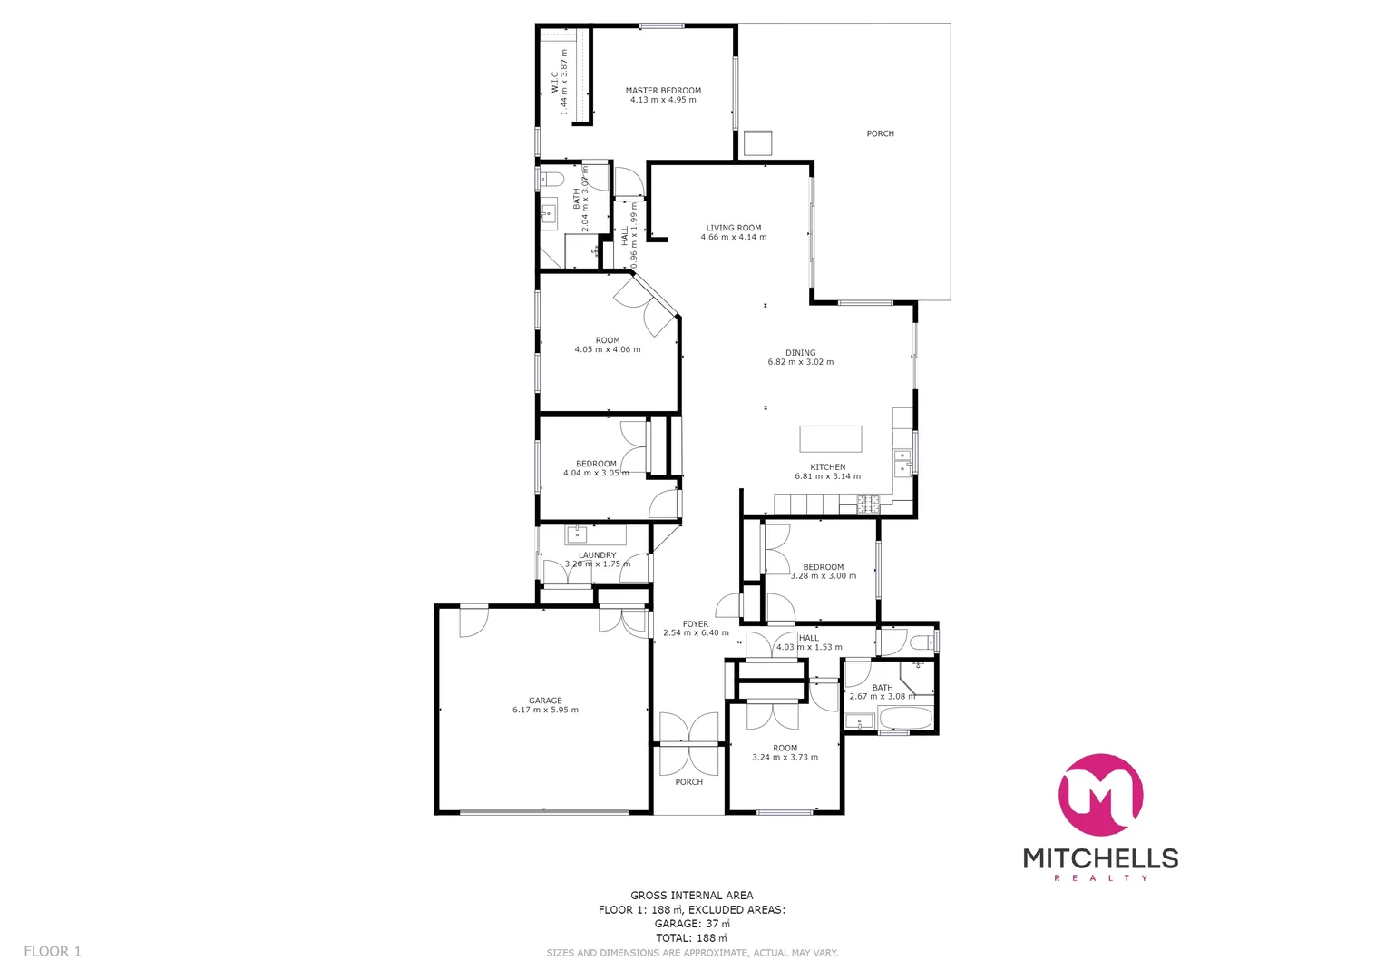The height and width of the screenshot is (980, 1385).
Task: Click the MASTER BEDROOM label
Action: [x=663, y=91]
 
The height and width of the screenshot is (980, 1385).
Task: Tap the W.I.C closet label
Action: [x=555, y=82]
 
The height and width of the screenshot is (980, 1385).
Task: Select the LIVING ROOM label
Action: [x=734, y=229]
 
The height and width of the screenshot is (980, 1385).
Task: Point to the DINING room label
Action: [x=800, y=353]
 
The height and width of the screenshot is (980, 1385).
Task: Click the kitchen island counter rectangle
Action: [x=830, y=439]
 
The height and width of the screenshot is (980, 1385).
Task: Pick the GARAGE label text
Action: [x=545, y=701]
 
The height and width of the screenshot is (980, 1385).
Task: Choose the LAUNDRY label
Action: [x=597, y=555]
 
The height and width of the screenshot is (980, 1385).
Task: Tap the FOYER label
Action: [x=696, y=624]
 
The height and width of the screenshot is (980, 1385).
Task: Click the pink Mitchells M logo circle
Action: [x=1100, y=795]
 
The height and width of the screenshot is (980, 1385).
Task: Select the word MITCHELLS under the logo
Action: [x=1100, y=858]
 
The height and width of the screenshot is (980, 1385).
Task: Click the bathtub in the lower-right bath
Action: [x=904, y=720]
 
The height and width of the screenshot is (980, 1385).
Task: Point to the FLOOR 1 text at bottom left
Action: [x=53, y=951]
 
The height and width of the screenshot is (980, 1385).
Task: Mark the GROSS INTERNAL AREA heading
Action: [x=692, y=896]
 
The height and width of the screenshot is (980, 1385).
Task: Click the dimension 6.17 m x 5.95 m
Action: [x=545, y=710]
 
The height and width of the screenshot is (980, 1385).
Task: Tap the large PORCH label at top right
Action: [x=880, y=133]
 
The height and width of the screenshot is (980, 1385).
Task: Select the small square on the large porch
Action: [x=757, y=143]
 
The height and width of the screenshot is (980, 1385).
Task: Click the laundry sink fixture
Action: [x=578, y=534]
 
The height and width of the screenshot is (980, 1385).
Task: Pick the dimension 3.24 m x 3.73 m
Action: [x=785, y=758]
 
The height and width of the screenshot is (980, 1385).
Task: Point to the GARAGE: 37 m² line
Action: [x=692, y=924]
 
